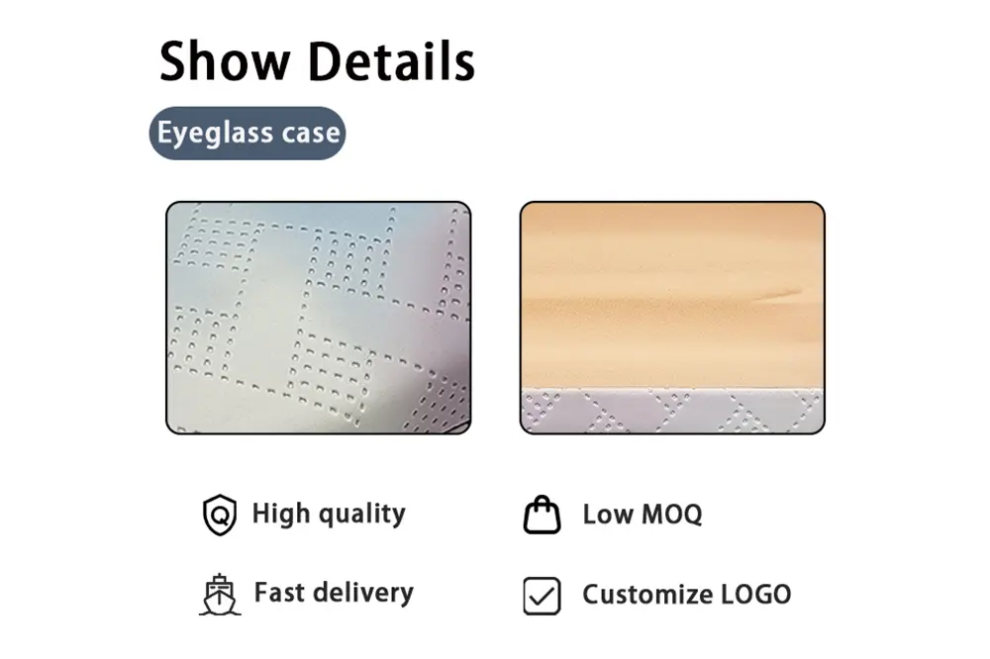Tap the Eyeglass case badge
(247, 134)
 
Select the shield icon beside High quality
(219, 516)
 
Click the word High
(279, 514)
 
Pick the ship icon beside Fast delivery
(219, 595)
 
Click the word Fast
(278, 593)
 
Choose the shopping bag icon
(542, 516)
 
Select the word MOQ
(672, 515)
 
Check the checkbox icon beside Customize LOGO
(542, 596)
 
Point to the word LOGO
(756, 595)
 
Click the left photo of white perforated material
(318, 318)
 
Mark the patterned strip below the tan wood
(672, 411)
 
